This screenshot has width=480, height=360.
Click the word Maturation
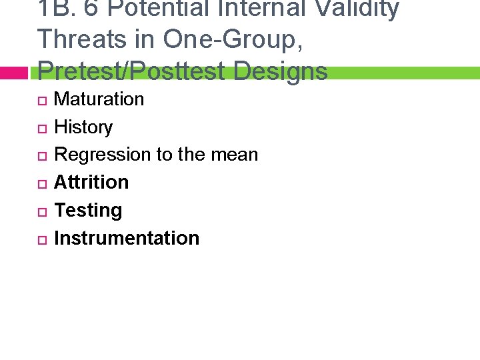[99, 99]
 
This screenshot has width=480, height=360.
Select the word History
[83, 127]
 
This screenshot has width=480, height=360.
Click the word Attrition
[91, 182]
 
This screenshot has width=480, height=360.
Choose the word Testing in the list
[88, 211]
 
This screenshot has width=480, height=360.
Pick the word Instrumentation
[127, 238]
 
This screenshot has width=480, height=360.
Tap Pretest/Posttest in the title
[129, 70]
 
